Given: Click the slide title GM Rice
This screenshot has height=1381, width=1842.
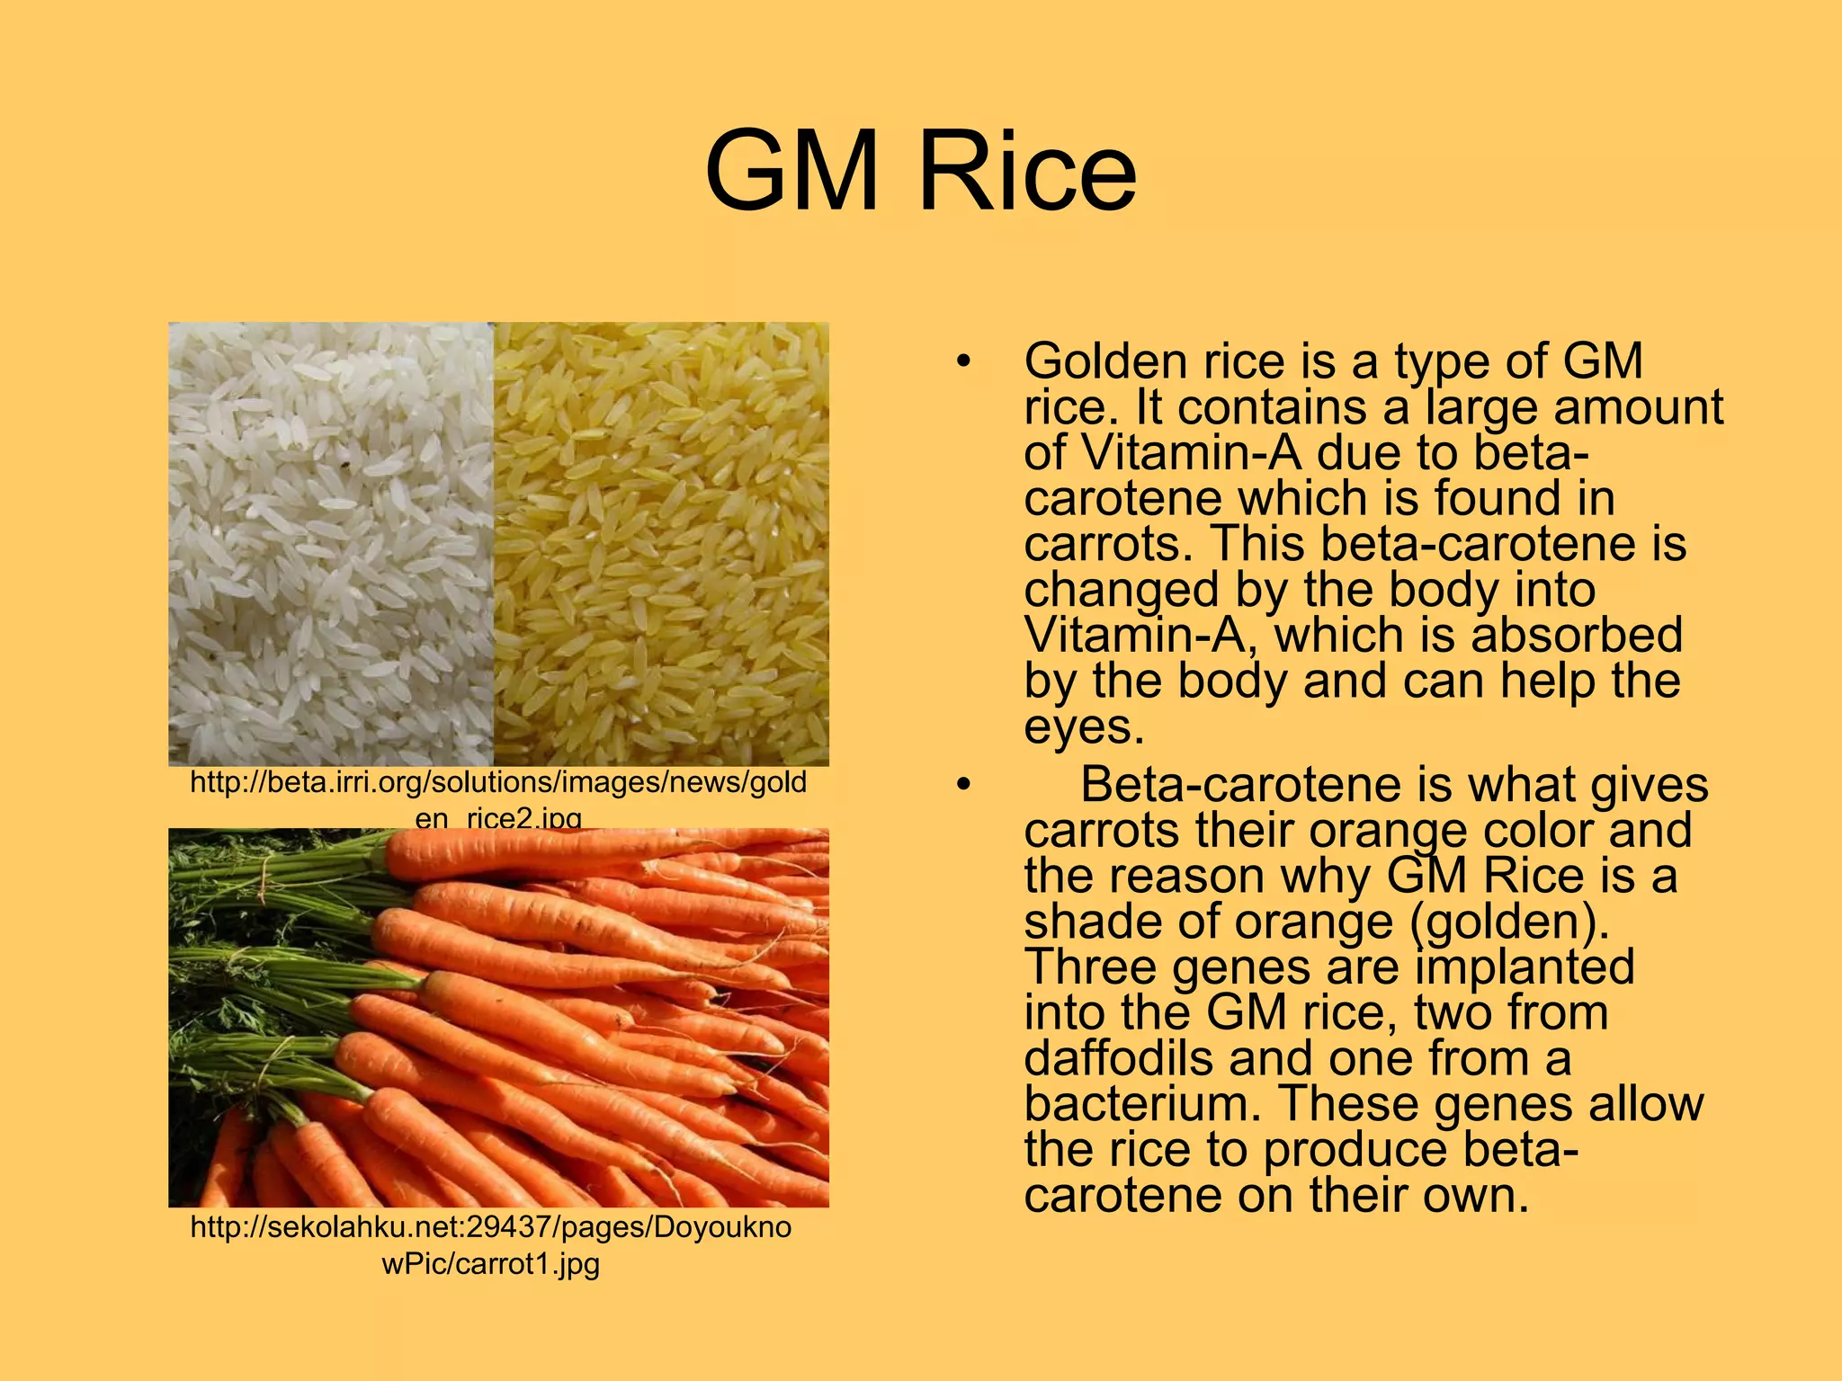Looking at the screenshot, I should (x=920, y=171).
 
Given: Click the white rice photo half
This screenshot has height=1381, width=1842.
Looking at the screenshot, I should (x=331, y=544).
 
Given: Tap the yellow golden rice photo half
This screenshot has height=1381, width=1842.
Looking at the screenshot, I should (x=661, y=544).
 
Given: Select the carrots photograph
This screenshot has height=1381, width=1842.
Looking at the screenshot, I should (x=498, y=1017).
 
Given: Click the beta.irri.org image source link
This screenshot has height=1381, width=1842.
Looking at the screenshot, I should (x=498, y=791).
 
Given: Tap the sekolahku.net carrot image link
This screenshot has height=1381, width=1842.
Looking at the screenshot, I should (x=491, y=1244).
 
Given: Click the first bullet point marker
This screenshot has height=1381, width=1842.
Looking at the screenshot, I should (x=964, y=362).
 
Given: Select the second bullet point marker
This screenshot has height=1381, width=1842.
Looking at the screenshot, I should (x=964, y=785).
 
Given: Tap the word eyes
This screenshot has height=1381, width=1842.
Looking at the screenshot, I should (x=1084, y=727).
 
